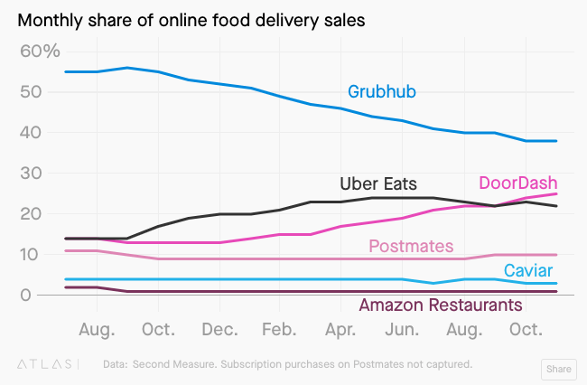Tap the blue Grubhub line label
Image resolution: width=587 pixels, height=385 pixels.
click(x=382, y=91)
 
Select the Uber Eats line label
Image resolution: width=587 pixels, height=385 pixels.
click(x=377, y=184)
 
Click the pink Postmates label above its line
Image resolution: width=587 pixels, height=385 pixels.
click(x=411, y=246)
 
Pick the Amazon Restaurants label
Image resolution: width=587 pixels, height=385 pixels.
click(x=441, y=305)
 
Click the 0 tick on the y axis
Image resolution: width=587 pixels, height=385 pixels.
click(x=27, y=295)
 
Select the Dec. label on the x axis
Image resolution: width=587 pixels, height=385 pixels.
click(x=219, y=329)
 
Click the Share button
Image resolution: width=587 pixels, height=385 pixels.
click(x=557, y=369)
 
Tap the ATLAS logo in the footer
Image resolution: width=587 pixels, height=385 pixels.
click(x=48, y=364)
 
